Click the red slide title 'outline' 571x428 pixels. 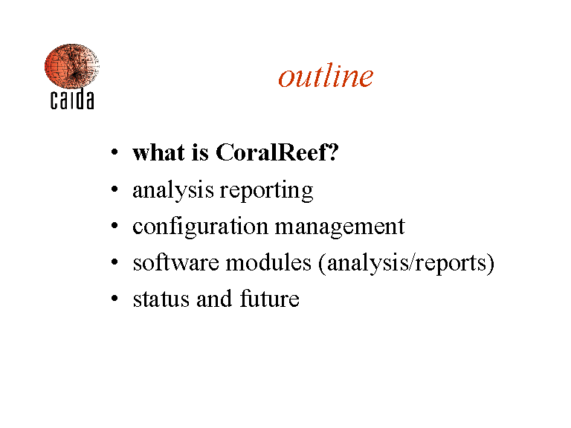[326, 76]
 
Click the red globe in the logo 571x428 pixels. [71, 66]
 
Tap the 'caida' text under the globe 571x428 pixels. [72, 100]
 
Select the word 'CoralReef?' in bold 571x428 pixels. [277, 152]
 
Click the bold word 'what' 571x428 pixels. [158, 152]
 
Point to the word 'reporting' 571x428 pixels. [266, 190]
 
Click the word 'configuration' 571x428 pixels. [200, 227]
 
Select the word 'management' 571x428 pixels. [340, 227]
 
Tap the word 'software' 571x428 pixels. [176, 262]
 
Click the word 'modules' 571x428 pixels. [268, 262]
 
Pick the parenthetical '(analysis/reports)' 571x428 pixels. [407, 263]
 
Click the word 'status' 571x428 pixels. [161, 299]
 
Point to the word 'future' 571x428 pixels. [269, 299]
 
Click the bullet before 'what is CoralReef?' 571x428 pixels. [114, 152]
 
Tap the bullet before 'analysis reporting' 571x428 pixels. [114, 189]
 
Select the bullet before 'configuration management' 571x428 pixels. [114, 226]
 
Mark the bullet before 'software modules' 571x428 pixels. [114, 262]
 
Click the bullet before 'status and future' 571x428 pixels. [114, 299]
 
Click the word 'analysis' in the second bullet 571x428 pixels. [173, 190]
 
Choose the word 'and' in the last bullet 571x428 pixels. [214, 299]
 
